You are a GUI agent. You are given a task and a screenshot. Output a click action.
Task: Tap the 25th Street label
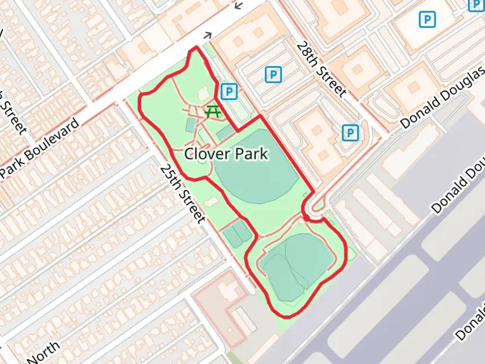click(183, 194)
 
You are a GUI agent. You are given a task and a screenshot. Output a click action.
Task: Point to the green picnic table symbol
click(213, 111)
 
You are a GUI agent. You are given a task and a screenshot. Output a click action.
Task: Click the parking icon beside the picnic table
click(229, 91)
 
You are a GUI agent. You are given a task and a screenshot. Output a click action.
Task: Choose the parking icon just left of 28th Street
click(273, 74)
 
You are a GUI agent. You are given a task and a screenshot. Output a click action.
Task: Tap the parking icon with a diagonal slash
click(350, 133)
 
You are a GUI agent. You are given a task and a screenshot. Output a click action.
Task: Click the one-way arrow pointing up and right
click(208, 35)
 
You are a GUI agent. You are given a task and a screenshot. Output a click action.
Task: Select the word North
click(44, 352)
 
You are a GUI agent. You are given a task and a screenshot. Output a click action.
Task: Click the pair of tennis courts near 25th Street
click(237, 233)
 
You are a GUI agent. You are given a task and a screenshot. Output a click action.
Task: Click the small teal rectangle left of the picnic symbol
click(190, 125)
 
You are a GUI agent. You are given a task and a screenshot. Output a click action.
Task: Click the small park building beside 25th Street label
click(211, 202)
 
